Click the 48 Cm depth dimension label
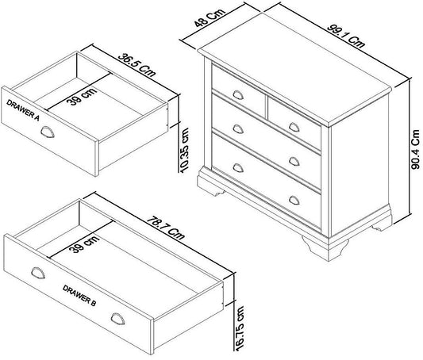(x=210, y=17)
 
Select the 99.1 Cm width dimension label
(x=346, y=36)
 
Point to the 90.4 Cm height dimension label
(x=416, y=150)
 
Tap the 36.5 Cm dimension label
(x=137, y=65)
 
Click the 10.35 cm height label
(x=185, y=150)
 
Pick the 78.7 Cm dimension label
(x=166, y=228)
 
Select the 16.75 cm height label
(x=240, y=328)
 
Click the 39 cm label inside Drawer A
(x=82, y=97)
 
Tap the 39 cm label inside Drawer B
(x=84, y=244)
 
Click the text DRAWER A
(x=23, y=110)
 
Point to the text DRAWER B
(x=79, y=295)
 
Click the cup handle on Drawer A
(x=48, y=132)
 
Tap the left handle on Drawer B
(x=38, y=273)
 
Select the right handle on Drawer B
(x=118, y=319)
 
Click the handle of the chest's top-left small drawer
(x=238, y=95)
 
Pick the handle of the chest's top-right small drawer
(x=294, y=127)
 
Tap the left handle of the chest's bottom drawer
(x=238, y=167)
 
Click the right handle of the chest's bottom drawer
(x=294, y=200)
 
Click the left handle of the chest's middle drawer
(x=238, y=128)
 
